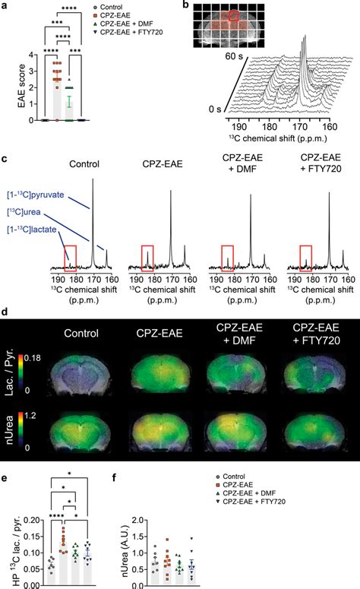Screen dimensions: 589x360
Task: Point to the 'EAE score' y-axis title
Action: (9, 87)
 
